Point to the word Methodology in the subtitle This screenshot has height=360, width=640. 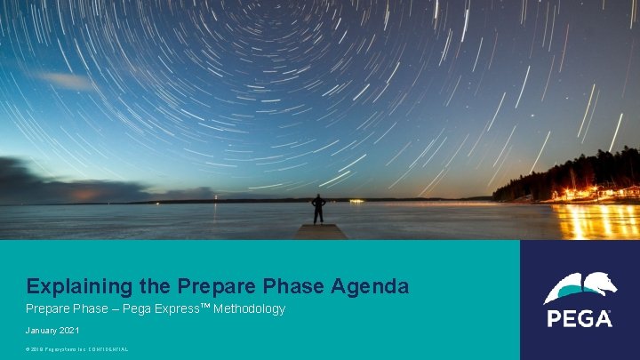click(250, 309)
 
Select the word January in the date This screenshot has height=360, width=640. click(43, 331)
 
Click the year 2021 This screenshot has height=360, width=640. click(69, 331)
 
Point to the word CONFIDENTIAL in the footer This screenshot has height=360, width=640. click(108, 349)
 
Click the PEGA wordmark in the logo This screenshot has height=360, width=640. click(580, 318)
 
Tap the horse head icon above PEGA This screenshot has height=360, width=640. click(580, 287)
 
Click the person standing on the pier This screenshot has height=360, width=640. click(318, 209)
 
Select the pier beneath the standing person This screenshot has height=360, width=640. click(321, 231)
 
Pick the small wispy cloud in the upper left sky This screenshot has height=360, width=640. click(68, 80)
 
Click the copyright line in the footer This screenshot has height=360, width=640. click(77, 349)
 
